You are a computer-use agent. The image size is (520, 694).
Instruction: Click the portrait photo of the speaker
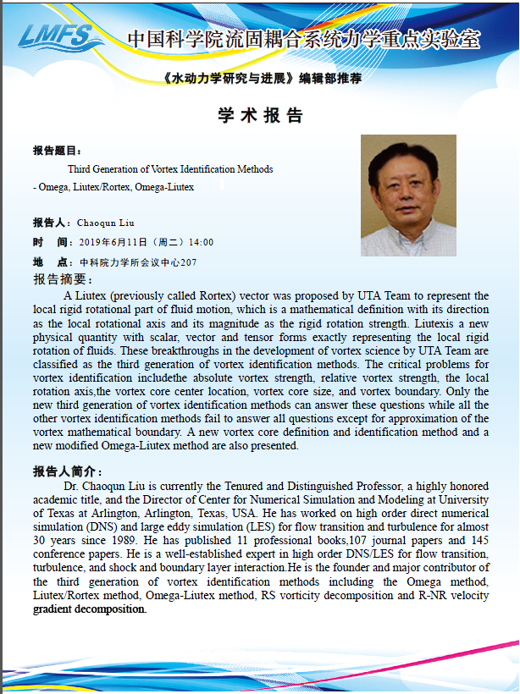coord(408,195)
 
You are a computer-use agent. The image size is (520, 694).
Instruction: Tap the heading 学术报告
coord(260,115)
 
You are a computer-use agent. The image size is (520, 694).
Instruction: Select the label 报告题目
coord(57,150)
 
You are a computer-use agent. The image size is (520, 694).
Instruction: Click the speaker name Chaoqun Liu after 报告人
coord(105,223)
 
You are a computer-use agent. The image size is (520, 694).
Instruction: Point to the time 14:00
coord(202,242)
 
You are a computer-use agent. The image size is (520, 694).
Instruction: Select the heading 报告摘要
coord(64,279)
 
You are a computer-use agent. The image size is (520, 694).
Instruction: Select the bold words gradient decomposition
coord(90,609)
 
